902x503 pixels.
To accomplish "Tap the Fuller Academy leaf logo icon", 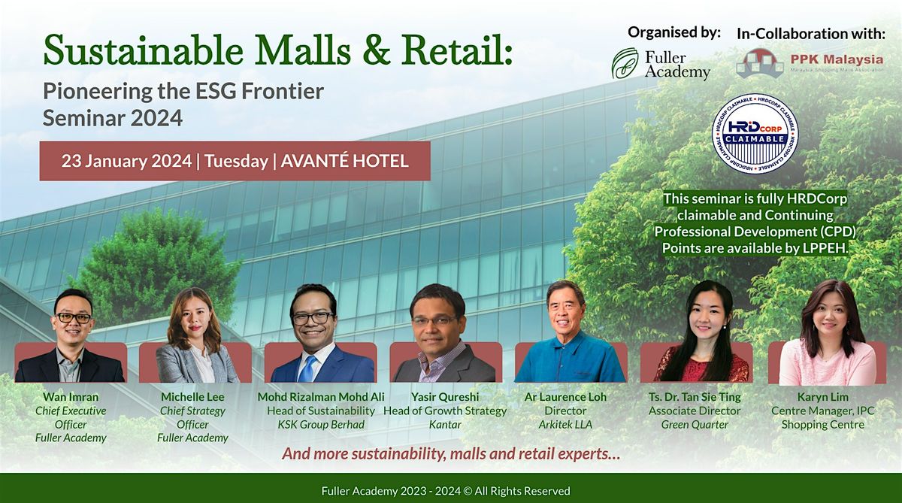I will click(625, 64).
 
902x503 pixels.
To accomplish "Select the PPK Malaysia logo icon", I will click(760, 63).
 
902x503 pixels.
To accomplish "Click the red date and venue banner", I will click(235, 161).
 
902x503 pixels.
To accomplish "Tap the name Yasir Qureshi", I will click(444, 397).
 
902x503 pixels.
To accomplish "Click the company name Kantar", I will click(444, 425).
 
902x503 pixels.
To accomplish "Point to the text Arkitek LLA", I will click(565, 425).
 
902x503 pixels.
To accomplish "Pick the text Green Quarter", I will click(695, 425).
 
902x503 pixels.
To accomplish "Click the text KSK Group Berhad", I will click(321, 425).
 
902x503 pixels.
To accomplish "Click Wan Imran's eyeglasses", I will click(74, 318).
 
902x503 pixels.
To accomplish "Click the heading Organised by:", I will click(674, 32).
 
